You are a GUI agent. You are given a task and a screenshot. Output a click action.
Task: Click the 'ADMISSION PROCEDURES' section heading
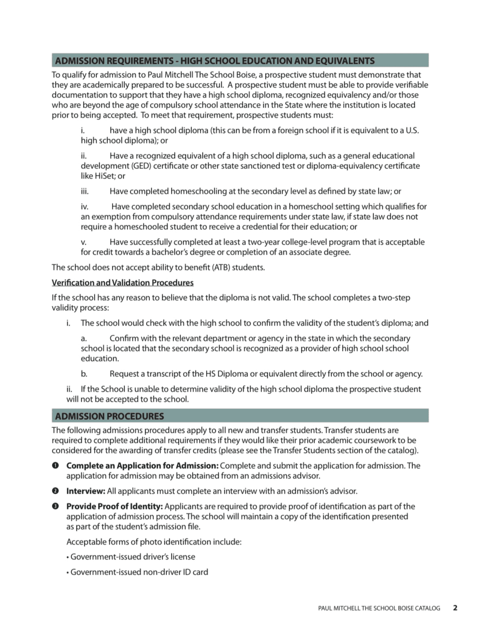(x=109, y=416)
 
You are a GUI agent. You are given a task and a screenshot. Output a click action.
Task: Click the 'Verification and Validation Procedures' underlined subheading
(x=123, y=283)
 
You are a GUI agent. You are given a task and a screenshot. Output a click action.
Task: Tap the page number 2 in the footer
(x=455, y=608)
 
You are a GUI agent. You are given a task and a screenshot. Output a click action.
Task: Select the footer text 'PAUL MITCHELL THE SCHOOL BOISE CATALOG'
(x=379, y=608)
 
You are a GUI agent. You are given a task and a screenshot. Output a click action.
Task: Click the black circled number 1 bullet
(x=55, y=465)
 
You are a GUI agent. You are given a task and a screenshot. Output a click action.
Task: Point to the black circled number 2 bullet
(x=55, y=491)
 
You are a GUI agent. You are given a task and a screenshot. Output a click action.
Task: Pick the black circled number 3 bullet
(x=55, y=506)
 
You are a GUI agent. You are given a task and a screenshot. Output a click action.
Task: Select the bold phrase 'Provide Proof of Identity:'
(x=115, y=506)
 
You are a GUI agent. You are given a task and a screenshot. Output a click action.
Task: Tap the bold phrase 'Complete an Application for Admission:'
(x=142, y=465)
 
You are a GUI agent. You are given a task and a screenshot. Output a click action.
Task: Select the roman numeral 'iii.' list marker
(x=84, y=191)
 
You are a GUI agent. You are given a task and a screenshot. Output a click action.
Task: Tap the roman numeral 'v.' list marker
(x=84, y=242)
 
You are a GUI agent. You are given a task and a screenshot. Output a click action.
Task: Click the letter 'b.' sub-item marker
(x=84, y=374)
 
